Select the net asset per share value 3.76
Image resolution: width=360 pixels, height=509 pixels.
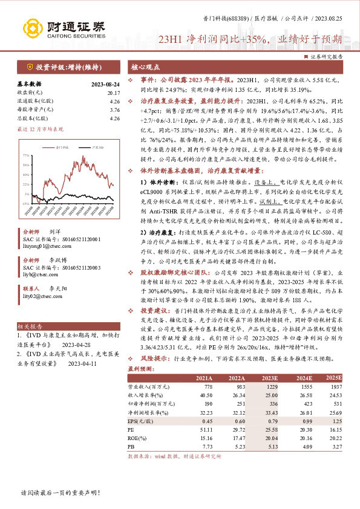115,110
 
